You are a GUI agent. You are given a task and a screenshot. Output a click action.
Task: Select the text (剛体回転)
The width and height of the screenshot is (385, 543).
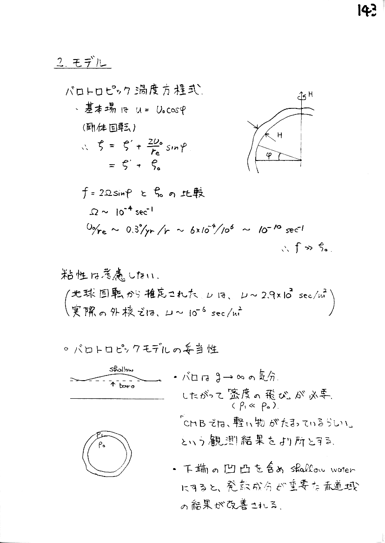point(104,127)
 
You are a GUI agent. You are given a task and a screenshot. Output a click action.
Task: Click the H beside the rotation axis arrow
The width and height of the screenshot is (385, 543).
point(310,94)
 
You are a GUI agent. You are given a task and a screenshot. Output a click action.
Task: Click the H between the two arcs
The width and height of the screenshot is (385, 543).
point(280,135)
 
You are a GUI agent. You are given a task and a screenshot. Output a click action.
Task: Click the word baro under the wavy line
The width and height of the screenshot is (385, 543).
point(126,386)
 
